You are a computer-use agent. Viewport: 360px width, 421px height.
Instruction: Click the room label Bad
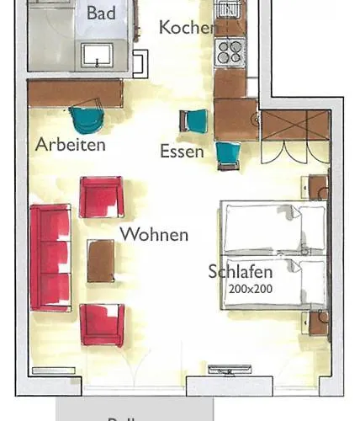(x=102, y=13)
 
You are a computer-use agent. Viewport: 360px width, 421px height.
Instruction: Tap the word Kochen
(x=188, y=28)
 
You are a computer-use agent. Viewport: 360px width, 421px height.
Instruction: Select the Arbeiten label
(x=71, y=144)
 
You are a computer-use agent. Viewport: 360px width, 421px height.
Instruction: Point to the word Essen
(x=182, y=152)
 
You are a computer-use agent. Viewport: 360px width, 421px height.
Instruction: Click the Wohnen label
(x=154, y=234)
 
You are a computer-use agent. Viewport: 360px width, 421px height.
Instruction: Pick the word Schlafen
(x=241, y=272)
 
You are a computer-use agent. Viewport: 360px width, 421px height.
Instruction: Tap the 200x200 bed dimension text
(x=251, y=288)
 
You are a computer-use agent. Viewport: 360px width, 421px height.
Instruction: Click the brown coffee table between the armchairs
(x=101, y=260)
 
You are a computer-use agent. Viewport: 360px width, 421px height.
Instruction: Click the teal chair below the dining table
(x=227, y=155)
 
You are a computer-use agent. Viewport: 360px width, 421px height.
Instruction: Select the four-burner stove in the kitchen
(x=230, y=53)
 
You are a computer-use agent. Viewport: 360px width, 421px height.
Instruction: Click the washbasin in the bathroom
(x=102, y=56)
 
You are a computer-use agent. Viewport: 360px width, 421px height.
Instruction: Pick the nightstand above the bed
(x=316, y=185)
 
